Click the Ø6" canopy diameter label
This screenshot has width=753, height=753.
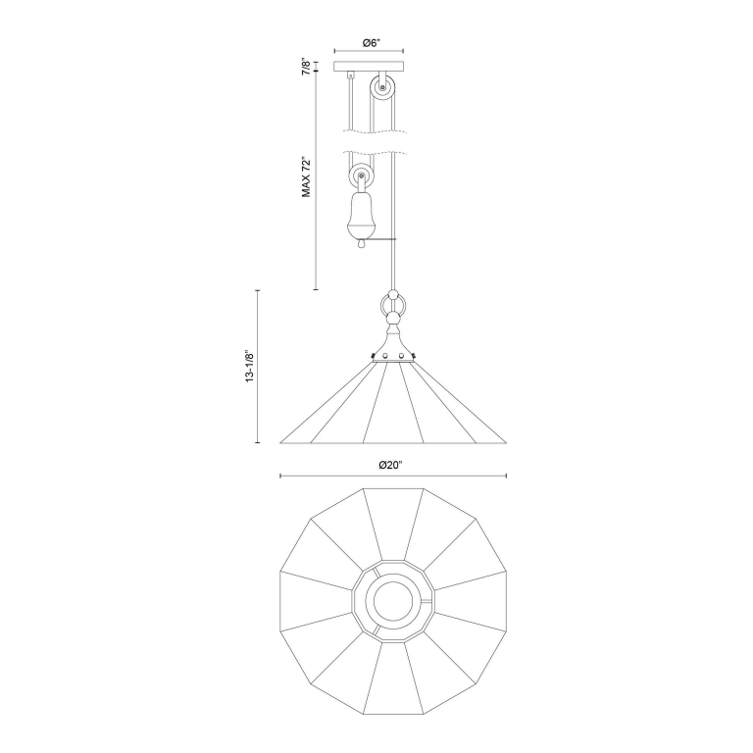pos(372,43)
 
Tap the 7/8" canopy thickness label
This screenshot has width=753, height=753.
pos(306,67)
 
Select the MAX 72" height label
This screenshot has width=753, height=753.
pos(306,176)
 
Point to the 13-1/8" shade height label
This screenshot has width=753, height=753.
pos(249,366)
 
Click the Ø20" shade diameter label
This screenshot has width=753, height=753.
pos(390,465)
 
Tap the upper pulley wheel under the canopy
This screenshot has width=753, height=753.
pos(382,88)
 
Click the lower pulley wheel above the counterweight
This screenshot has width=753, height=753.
pos(361,176)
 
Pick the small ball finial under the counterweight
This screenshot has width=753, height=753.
pos(362,244)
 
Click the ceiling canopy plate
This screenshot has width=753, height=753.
pos(369,67)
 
